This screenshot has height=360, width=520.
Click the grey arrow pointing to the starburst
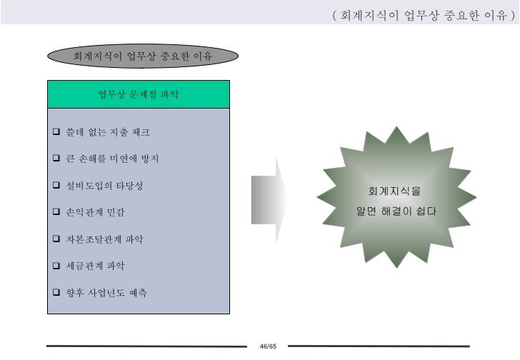click(269, 192)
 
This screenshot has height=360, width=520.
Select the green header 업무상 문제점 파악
click(139, 94)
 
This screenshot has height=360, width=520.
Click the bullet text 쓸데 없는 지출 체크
click(107, 132)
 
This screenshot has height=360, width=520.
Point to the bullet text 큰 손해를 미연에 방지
click(112, 159)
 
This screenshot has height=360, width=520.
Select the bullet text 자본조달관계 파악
click(104, 239)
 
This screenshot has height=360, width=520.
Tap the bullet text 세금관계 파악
click(95, 266)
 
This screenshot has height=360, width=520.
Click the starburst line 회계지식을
click(394, 191)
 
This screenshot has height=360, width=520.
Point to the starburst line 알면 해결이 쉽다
click(396, 211)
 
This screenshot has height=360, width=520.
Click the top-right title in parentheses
click(424, 14)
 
